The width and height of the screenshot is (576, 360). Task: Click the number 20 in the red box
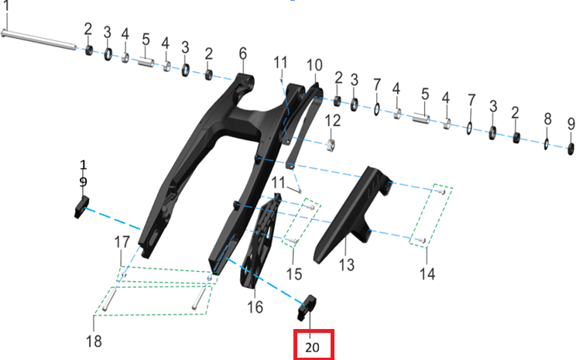coord(312,347)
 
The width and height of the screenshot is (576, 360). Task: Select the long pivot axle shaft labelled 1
coord(39,39)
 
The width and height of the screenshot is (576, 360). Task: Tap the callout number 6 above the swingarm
coord(243,53)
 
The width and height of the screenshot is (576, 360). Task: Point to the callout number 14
coord(427,273)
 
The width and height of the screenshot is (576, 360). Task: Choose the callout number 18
coord(94,341)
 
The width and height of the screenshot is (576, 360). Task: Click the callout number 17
coord(122,242)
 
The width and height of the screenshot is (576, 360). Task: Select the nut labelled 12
coord(331,145)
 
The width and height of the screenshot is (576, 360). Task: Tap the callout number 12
coord(332,121)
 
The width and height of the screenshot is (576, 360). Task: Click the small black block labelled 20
coord(307,307)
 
